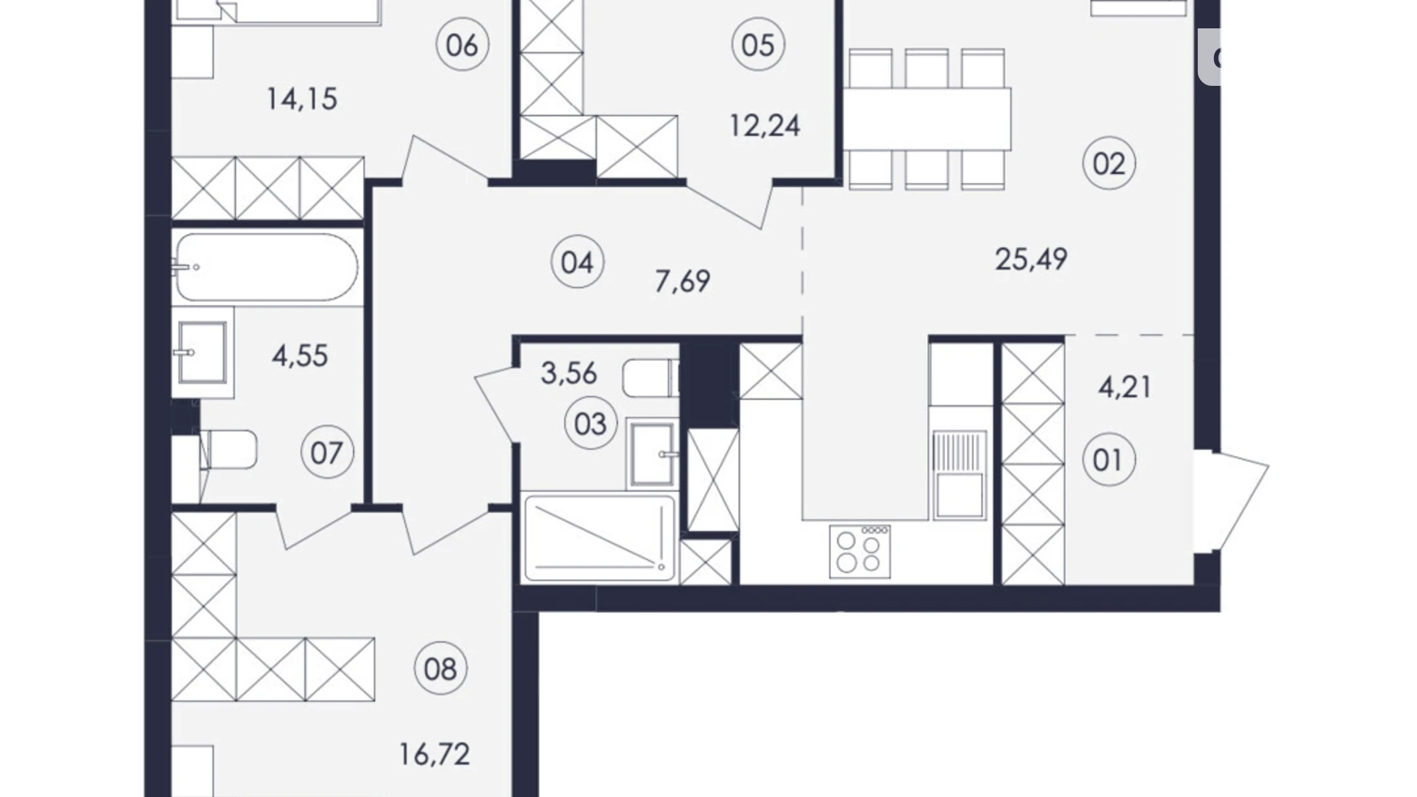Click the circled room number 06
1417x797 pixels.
pyautogui.click(x=462, y=44)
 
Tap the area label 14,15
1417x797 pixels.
pyautogui.click(x=302, y=100)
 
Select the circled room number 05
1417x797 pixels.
pyautogui.click(x=758, y=44)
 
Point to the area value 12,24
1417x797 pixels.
pyautogui.click(x=764, y=126)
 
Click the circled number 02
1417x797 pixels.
pyautogui.click(x=1109, y=163)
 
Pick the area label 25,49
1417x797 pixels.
pyautogui.click(x=1031, y=260)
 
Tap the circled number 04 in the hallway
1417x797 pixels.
pyautogui.click(x=577, y=262)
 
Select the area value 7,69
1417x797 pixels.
pyautogui.click(x=682, y=281)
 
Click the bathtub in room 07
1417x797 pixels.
pyautogui.click(x=267, y=267)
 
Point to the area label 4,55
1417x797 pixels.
pyautogui.click(x=299, y=356)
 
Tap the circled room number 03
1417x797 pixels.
pyautogui.click(x=590, y=424)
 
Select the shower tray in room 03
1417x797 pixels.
pyautogui.click(x=598, y=537)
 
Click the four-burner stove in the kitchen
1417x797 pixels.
pyautogui.click(x=860, y=551)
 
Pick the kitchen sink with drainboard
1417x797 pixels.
pyautogui.click(x=957, y=474)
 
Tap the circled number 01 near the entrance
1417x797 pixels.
pyautogui.click(x=1108, y=460)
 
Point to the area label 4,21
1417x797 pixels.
pyautogui.click(x=1124, y=387)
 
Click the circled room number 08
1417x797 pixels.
pyautogui.click(x=440, y=669)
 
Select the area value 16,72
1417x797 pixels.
pyautogui.click(x=434, y=755)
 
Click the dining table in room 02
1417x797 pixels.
pyautogui.click(x=928, y=119)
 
